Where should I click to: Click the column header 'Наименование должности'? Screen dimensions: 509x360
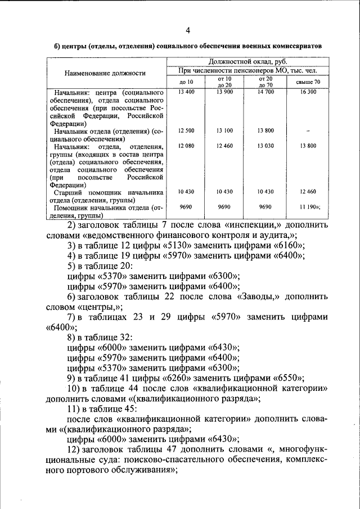105,73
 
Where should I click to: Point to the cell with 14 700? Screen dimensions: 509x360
265,92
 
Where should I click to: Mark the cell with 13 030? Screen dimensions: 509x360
265,146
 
